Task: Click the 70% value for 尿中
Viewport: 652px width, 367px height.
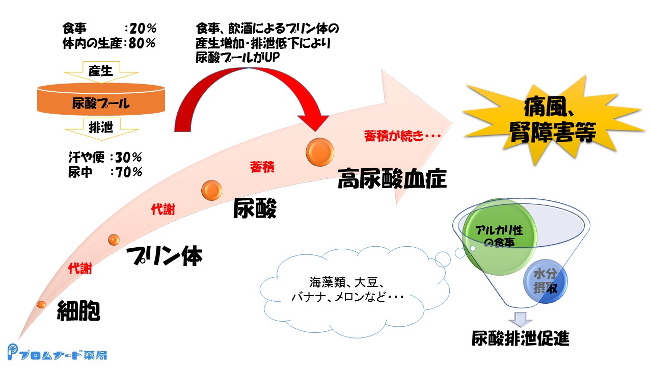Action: [x=130, y=172]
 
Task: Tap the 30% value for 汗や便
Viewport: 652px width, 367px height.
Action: [x=130, y=157]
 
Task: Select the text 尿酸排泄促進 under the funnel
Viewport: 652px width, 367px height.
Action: [x=520, y=338]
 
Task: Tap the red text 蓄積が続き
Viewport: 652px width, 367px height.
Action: [x=402, y=136]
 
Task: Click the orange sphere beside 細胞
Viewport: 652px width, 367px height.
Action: [x=41, y=304]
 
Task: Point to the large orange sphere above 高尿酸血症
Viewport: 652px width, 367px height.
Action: [x=319, y=151]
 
